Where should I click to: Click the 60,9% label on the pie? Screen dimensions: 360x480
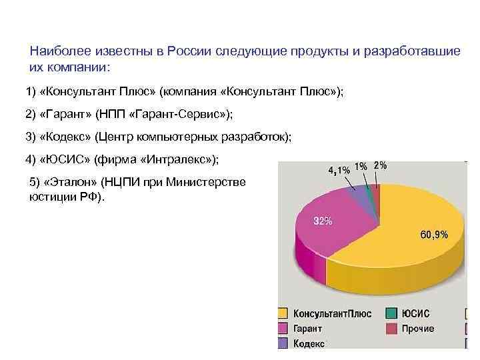433,235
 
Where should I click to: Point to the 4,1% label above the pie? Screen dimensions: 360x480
339,169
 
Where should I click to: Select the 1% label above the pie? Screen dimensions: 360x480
360,166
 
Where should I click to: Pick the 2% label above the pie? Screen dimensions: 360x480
380,165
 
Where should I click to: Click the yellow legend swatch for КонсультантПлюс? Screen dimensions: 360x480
283,313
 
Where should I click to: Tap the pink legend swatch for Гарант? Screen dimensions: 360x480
283,329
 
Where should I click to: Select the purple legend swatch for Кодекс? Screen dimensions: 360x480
283,343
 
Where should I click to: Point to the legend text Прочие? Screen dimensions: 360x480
418,329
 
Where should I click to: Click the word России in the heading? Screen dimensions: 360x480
189,52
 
